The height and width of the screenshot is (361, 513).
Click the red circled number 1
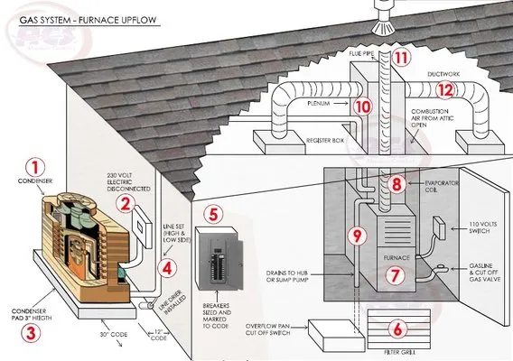35,167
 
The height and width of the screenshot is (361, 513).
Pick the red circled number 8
395,184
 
